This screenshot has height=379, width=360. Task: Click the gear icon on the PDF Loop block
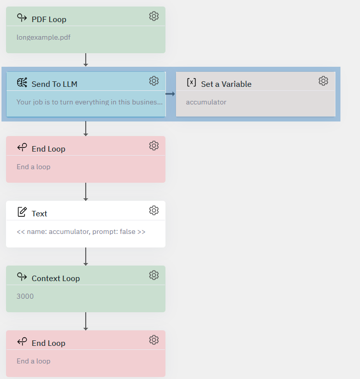(x=154, y=16)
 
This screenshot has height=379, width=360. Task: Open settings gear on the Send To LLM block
(x=154, y=81)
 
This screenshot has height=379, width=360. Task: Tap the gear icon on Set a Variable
(x=323, y=81)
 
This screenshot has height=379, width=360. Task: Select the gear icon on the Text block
(x=154, y=210)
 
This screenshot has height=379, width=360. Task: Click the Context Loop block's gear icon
(x=154, y=275)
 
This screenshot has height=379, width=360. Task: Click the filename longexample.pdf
(x=44, y=38)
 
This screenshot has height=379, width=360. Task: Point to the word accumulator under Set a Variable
(x=206, y=102)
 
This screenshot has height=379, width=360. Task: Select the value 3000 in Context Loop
(x=25, y=296)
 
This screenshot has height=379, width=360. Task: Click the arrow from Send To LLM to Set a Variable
(x=170, y=94)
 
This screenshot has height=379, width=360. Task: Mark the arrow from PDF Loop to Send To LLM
(x=86, y=60)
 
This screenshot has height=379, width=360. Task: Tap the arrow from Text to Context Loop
(x=86, y=257)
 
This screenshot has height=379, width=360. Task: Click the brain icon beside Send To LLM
(x=22, y=82)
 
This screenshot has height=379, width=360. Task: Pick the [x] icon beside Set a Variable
(x=192, y=82)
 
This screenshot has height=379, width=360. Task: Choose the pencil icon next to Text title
(x=22, y=212)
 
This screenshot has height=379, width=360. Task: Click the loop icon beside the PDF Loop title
(x=22, y=18)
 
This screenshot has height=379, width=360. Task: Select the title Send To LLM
(x=54, y=84)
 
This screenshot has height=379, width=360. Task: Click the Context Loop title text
(x=56, y=279)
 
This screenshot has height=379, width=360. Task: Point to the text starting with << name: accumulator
(x=81, y=231)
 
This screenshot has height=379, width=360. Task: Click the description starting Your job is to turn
(x=89, y=102)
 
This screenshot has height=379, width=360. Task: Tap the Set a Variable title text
(x=226, y=84)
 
